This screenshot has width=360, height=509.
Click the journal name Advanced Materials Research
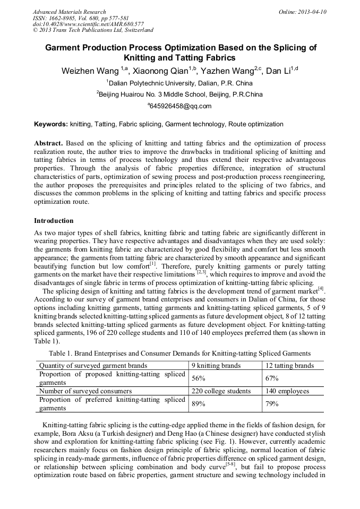point(69,12)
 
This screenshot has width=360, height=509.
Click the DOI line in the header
point(88,24)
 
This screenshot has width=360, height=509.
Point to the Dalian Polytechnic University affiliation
point(179,83)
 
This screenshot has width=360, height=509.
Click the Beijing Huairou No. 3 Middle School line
point(179,94)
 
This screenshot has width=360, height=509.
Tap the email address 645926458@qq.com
point(179,106)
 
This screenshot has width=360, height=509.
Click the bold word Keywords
point(51,124)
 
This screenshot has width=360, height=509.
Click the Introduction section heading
point(54,220)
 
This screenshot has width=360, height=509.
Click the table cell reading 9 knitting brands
point(216,365)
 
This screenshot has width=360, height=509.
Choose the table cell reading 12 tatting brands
point(289,365)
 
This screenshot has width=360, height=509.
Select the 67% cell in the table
point(272,378)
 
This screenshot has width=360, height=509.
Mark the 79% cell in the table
point(272,404)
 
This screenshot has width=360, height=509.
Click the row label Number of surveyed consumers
point(85,391)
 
